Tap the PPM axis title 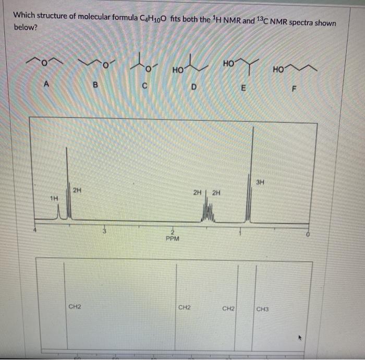click(x=172, y=238)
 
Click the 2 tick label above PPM click(x=172, y=232)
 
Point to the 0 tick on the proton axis click(x=308, y=235)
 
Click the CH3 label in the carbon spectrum click(x=263, y=309)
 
